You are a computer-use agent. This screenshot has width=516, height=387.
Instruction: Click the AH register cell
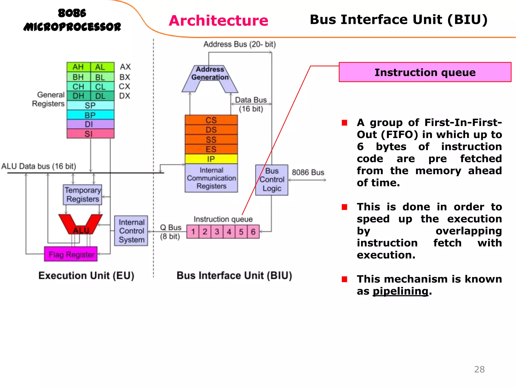point(78,67)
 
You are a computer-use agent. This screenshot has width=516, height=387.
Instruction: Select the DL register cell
point(101,96)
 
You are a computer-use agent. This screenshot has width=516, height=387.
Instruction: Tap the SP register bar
point(90,105)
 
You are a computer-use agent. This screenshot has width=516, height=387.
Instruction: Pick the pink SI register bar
point(90,134)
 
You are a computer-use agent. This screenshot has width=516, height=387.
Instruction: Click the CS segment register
point(211,120)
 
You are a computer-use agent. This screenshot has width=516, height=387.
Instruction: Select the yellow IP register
point(211,159)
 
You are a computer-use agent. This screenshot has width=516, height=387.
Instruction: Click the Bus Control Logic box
point(272,180)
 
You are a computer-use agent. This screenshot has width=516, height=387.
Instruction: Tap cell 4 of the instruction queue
point(229,232)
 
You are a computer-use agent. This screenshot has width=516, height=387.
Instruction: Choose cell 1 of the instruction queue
point(193,232)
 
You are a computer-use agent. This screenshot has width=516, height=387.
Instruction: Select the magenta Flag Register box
point(71,254)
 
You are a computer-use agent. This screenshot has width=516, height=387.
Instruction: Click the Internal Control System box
point(131,231)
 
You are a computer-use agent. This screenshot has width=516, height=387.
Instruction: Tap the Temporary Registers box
point(82,195)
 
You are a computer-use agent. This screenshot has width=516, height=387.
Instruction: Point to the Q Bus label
point(171,228)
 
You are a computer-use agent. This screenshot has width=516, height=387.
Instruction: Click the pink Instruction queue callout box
point(425,72)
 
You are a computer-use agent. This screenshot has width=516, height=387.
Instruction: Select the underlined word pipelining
point(400,291)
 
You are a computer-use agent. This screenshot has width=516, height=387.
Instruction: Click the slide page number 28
point(479,369)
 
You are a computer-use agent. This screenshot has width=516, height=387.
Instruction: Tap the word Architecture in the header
point(218,21)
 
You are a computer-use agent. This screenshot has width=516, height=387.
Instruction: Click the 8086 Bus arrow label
point(308,173)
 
